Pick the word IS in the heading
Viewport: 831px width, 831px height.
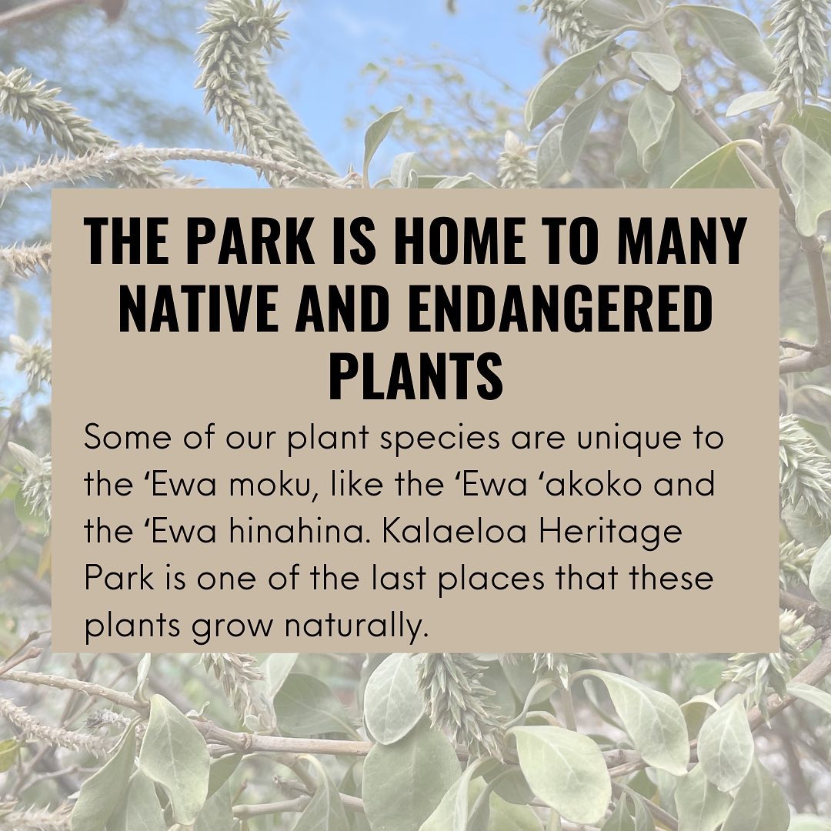pos(353,241)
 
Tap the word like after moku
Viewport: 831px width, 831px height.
pos(352,485)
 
